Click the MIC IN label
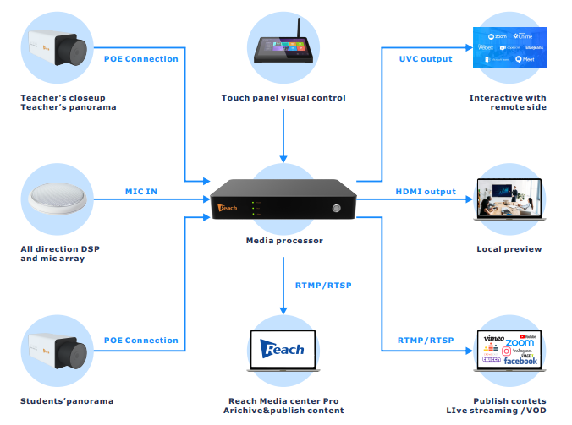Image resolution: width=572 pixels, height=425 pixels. pos(141,192)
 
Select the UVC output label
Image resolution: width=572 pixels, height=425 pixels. pos(426,59)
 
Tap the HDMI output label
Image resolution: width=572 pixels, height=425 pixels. pos(426,192)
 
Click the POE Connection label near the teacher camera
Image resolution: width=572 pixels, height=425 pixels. pos(141,59)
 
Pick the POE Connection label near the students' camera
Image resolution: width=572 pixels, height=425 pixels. pos(141,341)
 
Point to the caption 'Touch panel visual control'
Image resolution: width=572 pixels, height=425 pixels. pos(283,98)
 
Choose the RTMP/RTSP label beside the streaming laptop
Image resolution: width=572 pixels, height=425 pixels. pos(426,341)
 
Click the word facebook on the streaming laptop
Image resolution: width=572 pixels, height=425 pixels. pos(520,361)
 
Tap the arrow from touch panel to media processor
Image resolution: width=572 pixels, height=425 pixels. pos(283,139)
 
